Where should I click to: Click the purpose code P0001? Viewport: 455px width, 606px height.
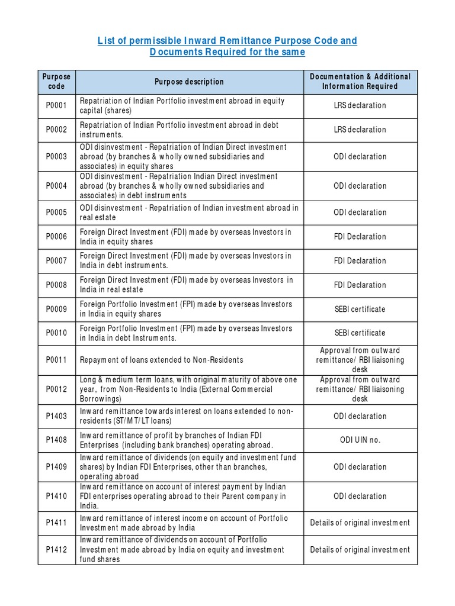point(56,105)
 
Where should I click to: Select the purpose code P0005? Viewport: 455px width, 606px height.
point(56,212)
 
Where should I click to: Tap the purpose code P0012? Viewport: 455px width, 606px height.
point(56,389)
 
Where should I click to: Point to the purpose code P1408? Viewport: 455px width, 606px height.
point(56,440)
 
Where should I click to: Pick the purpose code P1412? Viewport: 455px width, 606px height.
point(56,550)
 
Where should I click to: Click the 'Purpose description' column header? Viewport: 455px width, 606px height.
point(189,82)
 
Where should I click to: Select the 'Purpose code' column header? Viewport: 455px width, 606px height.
point(56,82)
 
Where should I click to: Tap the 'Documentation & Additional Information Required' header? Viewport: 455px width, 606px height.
point(360,82)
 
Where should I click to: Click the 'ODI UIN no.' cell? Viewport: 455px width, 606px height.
point(360,440)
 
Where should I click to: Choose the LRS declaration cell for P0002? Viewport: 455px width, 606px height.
point(360,130)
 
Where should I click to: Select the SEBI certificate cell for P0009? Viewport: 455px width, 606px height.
point(360,309)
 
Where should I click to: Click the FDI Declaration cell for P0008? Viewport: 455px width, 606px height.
point(360,285)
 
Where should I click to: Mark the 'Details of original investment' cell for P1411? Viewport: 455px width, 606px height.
point(360,523)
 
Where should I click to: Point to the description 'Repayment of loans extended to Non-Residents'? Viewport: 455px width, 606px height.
point(161,360)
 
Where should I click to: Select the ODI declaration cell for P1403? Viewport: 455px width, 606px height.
point(360,416)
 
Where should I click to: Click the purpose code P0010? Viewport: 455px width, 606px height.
point(56,333)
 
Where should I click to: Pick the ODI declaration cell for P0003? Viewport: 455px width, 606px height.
point(360,157)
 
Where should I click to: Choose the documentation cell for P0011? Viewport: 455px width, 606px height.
point(360,360)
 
